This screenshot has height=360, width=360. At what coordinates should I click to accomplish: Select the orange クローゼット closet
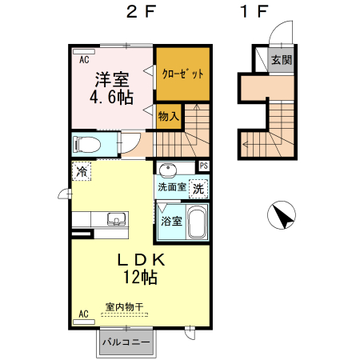[x=183, y=73]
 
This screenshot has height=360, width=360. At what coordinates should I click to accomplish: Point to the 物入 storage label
[x=168, y=117]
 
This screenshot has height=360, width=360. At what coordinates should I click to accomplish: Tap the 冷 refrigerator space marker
[x=81, y=170]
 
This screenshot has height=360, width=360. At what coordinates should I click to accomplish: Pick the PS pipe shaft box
[x=204, y=166]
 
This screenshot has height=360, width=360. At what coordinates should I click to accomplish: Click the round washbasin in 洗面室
[x=168, y=170]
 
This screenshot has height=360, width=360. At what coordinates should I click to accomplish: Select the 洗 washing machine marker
[x=198, y=189]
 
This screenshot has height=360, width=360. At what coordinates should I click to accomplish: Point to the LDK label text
[x=141, y=260]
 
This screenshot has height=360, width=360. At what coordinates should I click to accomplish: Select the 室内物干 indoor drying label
[x=124, y=306]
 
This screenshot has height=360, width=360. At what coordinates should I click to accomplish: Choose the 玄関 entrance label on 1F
[x=280, y=60]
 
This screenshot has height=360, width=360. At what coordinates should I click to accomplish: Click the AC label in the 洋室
[x=83, y=58]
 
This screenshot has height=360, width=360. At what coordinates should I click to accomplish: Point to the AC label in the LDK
[x=83, y=314]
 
